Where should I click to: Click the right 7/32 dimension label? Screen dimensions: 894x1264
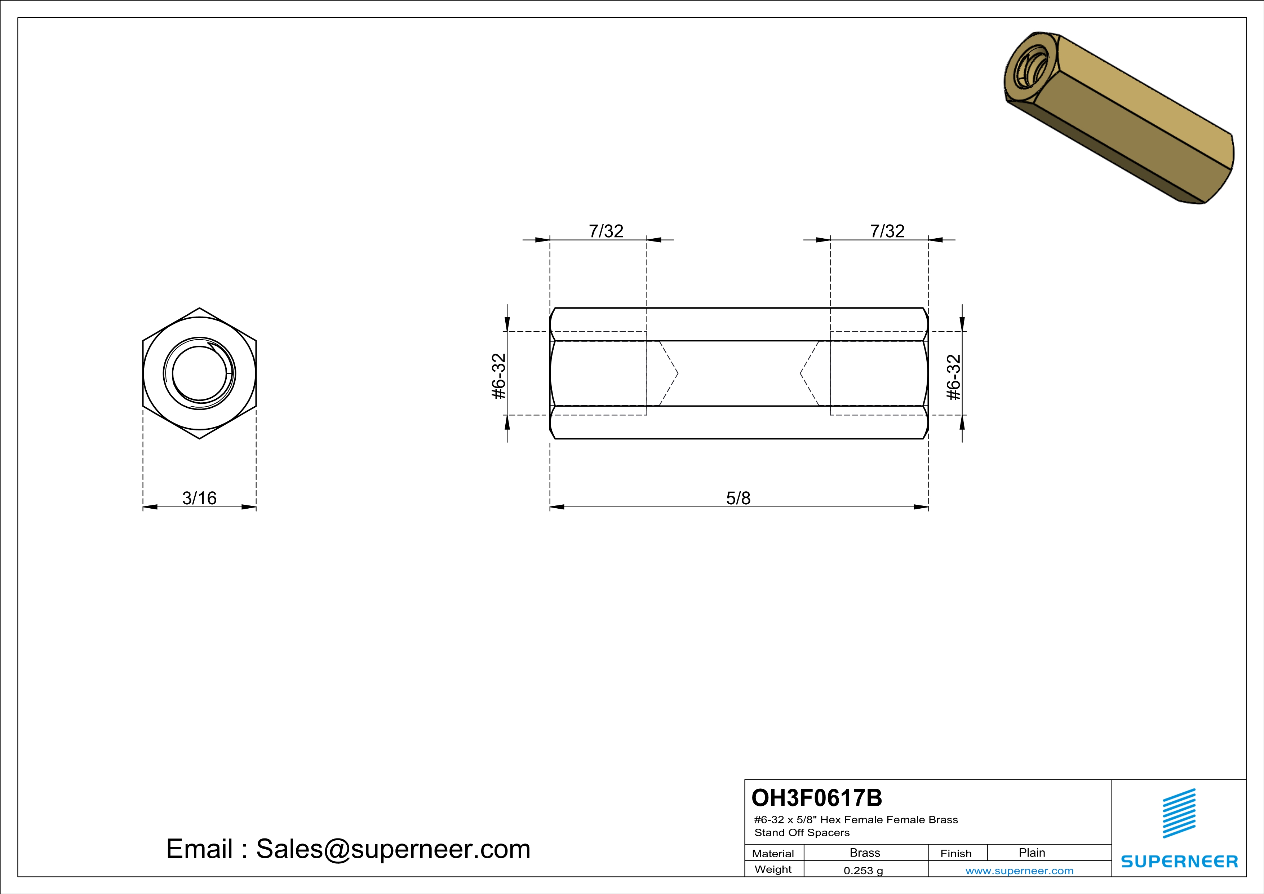887,231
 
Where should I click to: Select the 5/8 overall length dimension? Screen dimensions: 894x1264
738,498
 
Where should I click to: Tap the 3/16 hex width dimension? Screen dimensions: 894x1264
199,498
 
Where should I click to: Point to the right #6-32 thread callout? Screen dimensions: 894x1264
954,377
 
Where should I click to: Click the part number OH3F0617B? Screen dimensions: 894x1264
816,798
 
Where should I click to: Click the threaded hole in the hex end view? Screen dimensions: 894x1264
199,374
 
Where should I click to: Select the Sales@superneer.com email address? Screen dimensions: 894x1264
393,849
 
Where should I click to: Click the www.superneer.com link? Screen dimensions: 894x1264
1019,871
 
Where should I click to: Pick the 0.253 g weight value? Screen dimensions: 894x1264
863,871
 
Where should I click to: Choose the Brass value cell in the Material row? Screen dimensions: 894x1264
865,853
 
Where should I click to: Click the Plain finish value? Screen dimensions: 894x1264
1032,853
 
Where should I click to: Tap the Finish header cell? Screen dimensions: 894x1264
956,853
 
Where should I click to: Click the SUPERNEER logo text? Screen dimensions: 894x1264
1179,862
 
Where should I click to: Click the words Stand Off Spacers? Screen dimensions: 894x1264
802,833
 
